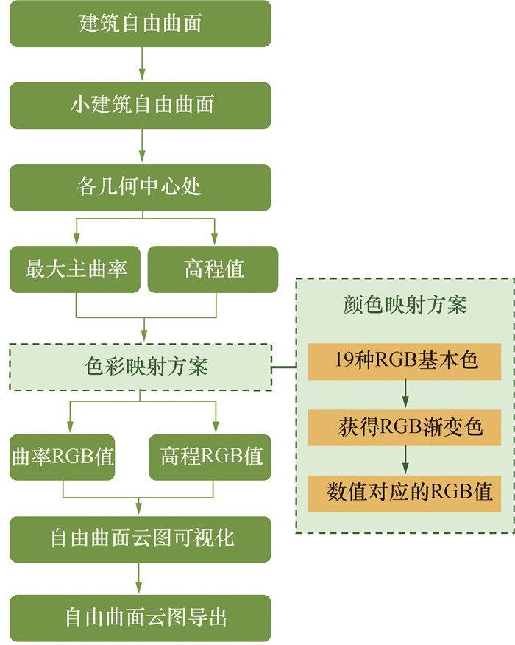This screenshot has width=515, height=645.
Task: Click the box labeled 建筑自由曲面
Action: pos(141,24)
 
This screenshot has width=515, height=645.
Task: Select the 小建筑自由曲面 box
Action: pos(141,105)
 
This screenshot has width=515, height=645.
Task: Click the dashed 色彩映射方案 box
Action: pos(141,367)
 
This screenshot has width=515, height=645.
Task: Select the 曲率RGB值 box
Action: pos(63,457)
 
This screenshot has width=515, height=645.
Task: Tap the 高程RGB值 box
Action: pos(211,457)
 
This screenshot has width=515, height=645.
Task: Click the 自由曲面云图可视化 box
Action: pos(141,538)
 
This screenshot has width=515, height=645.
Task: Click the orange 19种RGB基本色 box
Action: pos(405,362)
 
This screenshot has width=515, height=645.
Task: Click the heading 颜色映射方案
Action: pos(405,305)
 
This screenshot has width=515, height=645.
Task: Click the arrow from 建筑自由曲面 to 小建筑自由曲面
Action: pos(141,64)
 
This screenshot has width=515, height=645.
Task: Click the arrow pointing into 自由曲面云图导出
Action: pos(141,578)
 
